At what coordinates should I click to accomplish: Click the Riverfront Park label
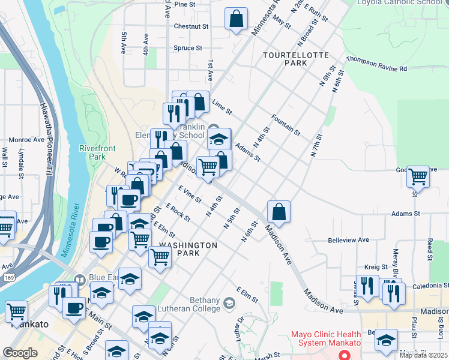pos(92,152)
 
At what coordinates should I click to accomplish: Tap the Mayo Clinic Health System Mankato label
pos(326,340)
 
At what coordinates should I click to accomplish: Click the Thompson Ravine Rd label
pos(376,64)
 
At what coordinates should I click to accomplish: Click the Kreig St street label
pos(376,265)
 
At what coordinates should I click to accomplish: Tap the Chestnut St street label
pos(191,26)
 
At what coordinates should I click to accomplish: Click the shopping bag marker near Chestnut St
pos(237,18)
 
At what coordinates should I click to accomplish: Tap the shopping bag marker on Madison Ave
pos(279,211)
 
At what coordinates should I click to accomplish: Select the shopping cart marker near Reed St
pos(418,177)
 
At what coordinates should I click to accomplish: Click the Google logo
pos(20,353)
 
